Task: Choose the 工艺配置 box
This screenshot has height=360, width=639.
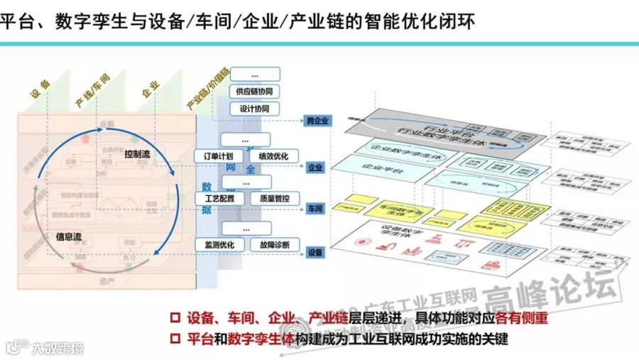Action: pyautogui.click(x=219, y=198)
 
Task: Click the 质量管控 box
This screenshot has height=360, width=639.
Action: pyautogui.click(x=273, y=198)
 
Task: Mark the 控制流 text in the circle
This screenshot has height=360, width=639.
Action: pyautogui.click(x=138, y=154)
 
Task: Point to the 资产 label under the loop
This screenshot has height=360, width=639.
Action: pyautogui.click(x=107, y=281)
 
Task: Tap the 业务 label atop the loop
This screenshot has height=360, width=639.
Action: pyautogui.click(x=107, y=123)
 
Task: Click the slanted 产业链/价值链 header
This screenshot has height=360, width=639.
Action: pyautogui.click(x=207, y=89)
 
